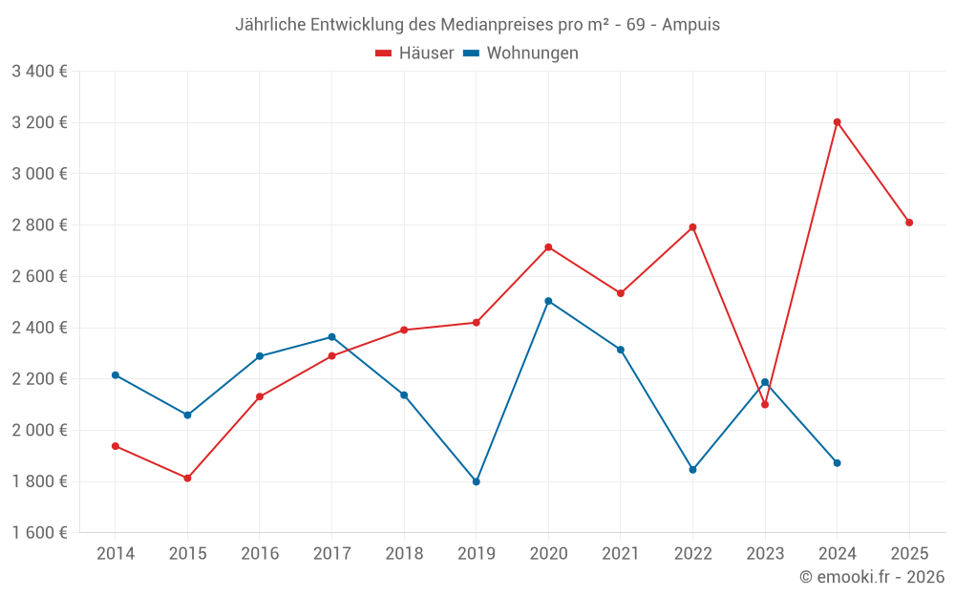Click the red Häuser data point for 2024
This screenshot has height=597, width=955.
pyautogui.click(x=837, y=122)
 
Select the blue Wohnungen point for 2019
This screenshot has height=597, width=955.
pyautogui.click(x=476, y=481)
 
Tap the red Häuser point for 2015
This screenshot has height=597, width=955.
pyautogui.click(x=187, y=478)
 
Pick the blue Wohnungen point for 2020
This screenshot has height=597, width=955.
pyautogui.click(x=548, y=301)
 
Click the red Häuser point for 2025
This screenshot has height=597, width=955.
pyautogui.click(x=909, y=223)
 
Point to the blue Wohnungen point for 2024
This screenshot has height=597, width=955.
pyautogui.click(x=837, y=463)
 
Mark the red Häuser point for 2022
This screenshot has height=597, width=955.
pyautogui.click(x=692, y=227)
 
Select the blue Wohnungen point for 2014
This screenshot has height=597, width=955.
pyautogui.click(x=116, y=375)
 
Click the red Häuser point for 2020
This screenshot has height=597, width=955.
pyautogui.click(x=548, y=247)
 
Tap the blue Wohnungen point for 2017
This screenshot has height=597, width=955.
pyautogui.click(x=331, y=337)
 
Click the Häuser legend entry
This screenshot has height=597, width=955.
pyautogui.click(x=415, y=53)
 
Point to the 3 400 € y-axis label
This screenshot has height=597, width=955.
pyautogui.click(x=39, y=72)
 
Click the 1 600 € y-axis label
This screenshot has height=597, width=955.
pyautogui.click(x=39, y=533)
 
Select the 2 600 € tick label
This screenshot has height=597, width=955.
pyautogui.click(x=39, y=277)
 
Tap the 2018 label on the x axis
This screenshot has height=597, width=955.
pyautogui.click(x=404, y=554)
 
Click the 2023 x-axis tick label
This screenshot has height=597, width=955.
pyautogui.click(x=765, y=554)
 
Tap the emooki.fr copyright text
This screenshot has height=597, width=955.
pyautogui.click(x=872, y=577)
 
